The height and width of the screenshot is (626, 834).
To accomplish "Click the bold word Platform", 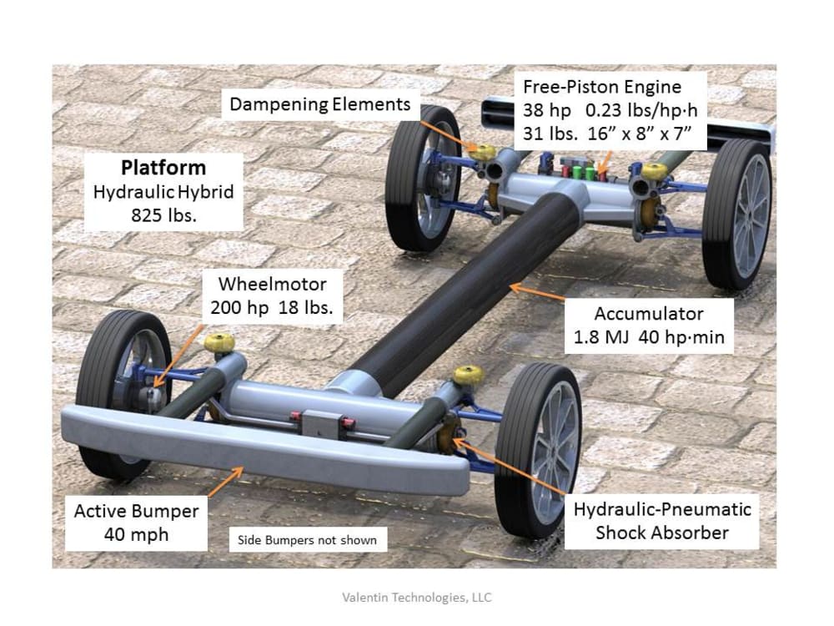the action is (163, 167).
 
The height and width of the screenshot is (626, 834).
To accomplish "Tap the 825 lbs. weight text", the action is (163, 214).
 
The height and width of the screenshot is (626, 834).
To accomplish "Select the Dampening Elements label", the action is (320, 104).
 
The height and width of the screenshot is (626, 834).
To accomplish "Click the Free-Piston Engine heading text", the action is (602, 87).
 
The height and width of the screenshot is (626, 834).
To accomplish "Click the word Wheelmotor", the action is (272, 284).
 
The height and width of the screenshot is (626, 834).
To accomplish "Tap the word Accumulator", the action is (649, 314).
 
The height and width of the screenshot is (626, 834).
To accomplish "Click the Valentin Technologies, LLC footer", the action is (417, 597).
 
